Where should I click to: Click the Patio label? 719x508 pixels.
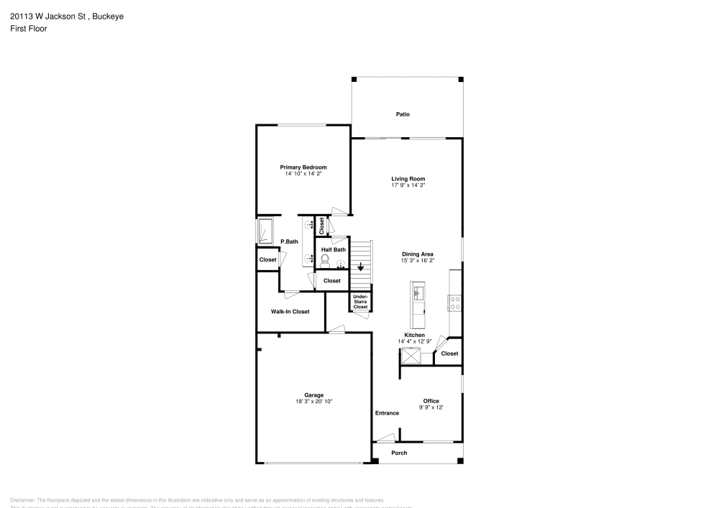[x=403, y=114]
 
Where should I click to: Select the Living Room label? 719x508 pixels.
[x=408, y=179]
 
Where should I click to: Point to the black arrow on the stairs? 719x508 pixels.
[x=361, y=267]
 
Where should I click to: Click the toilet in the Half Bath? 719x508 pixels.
[x=324, y=260]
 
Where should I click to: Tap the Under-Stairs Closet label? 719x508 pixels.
[x=360, y=302]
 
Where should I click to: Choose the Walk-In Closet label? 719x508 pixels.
[x=290, y=312]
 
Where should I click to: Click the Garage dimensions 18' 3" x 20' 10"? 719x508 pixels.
[x=313, y=401]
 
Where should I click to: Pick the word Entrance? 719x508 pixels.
[x=387, y=413]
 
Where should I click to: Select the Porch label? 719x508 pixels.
[x=399, y=453]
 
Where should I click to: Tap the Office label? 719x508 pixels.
[x=431, y=401]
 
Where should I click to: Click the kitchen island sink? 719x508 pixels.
[x=418, y=291]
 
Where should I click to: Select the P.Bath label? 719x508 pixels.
[x=289, y=241]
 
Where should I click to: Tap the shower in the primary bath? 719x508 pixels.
[x=265, y=231]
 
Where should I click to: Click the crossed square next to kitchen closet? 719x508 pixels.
[x=411, y=356]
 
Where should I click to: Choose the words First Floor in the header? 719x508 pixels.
[x=29, y=29]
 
